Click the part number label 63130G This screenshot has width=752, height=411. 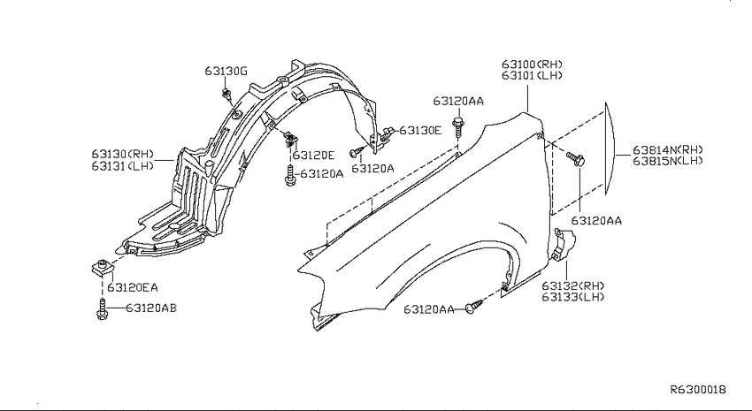point(226,72)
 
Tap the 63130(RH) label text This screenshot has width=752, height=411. point(123,155)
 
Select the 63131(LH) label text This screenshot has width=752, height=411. point(123,166)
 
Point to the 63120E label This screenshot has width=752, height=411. point(314,156)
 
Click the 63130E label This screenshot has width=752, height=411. point(420,130)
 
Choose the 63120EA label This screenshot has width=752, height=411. point(133,287)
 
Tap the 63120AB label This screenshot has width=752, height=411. point(151,308)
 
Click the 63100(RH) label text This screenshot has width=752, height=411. point(533,64)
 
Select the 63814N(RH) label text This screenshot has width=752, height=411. point(668,149)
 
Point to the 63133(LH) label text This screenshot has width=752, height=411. point(573,297)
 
